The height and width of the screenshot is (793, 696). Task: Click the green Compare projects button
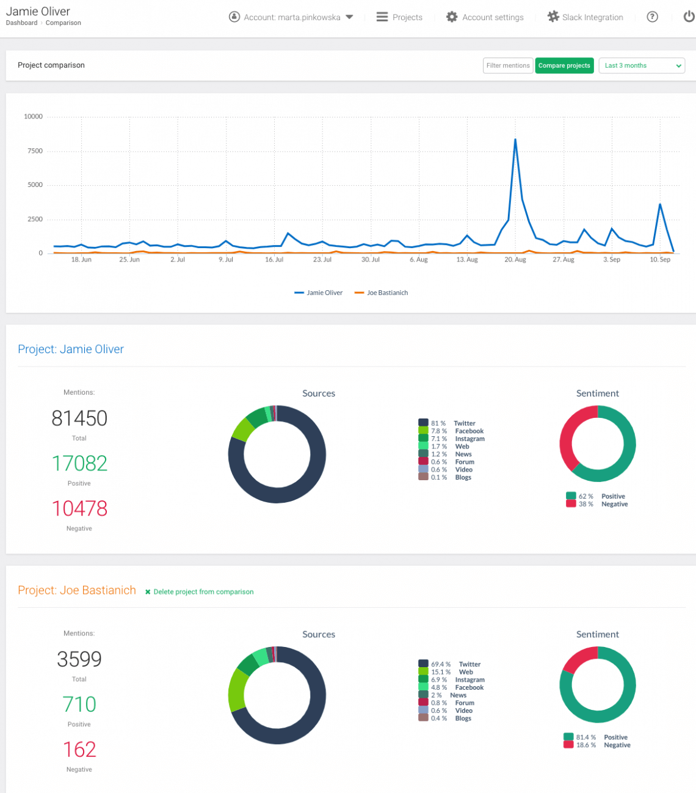(x=564, y=65)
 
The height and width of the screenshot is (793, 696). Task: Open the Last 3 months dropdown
(x=642, y=65)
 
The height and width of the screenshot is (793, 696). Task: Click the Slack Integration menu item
(x=585, y=17)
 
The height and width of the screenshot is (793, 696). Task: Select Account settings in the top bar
(x=485, y=17)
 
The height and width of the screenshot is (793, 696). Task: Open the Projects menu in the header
(x=399, y=17)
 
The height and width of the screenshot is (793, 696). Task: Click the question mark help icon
(x=652, y=17)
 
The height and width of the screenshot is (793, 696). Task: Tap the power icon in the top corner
(x=688, y=17)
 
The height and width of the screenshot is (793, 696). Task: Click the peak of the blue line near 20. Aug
(x=515, y=140)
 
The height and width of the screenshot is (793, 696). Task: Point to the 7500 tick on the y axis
(x=35, y=151)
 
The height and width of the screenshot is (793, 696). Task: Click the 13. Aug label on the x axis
(x=467, y=260)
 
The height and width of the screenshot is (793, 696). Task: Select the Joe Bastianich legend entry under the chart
(x=382, y=293)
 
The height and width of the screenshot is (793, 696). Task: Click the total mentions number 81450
(x=79, y=418)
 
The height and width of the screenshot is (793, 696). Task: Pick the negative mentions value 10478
(x=79, y=508)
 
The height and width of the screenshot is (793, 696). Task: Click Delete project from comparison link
(x=203, y=592)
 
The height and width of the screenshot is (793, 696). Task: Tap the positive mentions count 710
(x=79, y=704)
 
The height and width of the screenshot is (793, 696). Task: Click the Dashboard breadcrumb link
(x=21, y=23)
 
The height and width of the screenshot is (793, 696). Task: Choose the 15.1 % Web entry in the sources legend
(x=452, y=672)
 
